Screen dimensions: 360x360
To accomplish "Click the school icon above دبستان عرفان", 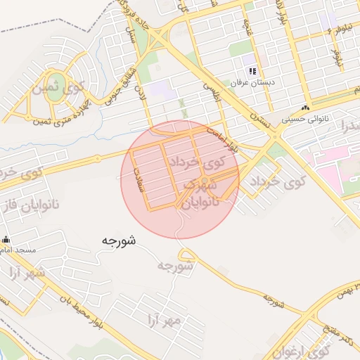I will tap(252, 71).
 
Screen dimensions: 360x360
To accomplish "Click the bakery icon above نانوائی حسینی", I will tap(305, 108).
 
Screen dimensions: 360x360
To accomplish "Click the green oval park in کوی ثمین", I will tap(53, 104).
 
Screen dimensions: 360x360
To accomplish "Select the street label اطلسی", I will tap(212, 91).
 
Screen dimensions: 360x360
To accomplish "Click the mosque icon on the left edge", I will tap(4, 240).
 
